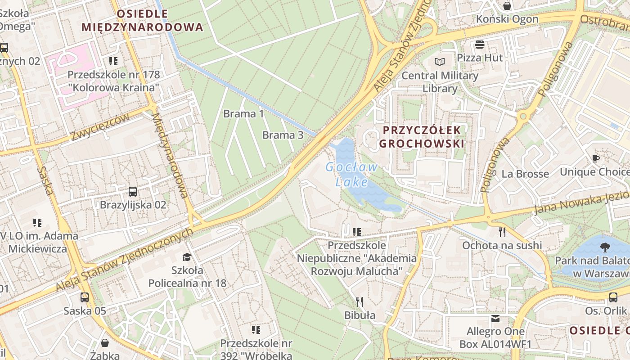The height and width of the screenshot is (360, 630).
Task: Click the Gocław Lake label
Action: pyautogui.click(x=352, y=174)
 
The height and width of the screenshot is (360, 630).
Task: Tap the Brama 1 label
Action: pyautogui.click(x=243, y=114)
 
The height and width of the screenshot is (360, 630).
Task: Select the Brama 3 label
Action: pyautogui.click(x=283, y=135)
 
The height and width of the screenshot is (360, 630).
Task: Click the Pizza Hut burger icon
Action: pyautogui.click(x=479, y=45)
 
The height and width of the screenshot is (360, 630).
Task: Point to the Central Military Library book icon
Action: pyautogui.click(x=439, y=62)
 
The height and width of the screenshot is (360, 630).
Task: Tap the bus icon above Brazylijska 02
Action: pyautogui.click(x=133, y=192)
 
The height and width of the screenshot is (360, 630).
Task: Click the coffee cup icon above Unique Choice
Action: pyautogui.click(x=596, y=159)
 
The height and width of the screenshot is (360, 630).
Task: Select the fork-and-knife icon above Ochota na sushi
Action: pyautogui.click(x=502, y=232)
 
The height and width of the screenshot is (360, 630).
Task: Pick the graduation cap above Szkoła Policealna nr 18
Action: pyautogui.click(x=187, y=257)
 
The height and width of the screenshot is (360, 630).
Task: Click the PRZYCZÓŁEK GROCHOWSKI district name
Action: pyautogui.click(x=422, y=137)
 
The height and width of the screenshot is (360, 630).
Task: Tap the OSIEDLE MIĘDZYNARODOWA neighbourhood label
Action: pyautogui.click(x=142, y=20)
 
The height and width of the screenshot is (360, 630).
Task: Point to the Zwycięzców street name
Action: pyautogui.click(x=99, y=126)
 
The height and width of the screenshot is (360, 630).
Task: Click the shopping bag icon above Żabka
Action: pyautogui.click(x=105, y=343)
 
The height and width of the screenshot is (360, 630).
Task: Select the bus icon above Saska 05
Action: pyautogui.click(x=85, y=297)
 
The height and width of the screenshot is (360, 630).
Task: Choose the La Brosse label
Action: pyautogui.click(x=525, y=174)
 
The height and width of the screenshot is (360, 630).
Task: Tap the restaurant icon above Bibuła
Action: pyautogui.click(x=359, y=301)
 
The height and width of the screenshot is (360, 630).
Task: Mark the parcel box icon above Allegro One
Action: pyautogui.click(x=495, y=319)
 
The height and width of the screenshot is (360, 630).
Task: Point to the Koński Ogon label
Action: pyautogui.click(x=507, y=19)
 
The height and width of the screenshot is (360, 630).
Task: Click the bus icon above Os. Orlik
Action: pyautogui.click(x=613, y=297)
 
